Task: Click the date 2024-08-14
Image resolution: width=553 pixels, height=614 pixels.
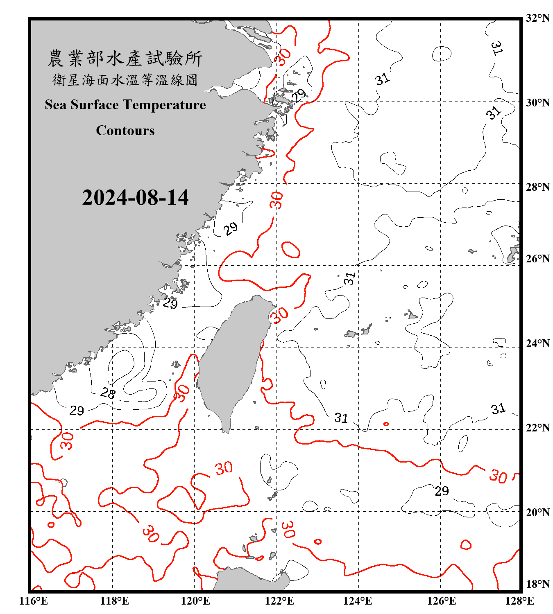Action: [x=135, y=198]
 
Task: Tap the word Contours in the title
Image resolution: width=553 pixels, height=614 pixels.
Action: [x=125, y=130]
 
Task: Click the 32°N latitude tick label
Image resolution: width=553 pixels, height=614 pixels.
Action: [x=538, y=18]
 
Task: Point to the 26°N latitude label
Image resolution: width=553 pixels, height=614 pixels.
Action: [x=538, y=259]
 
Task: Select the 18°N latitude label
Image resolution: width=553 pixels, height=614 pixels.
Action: [x=538, y=584]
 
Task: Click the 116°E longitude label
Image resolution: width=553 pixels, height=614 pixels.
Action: [x=33, y=601]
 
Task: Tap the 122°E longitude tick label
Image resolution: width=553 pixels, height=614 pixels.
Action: [x=279, y=601]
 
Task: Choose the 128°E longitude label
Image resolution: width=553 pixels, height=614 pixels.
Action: [x=519, y=601]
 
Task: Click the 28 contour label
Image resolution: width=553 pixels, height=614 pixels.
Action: [x=108, y=393]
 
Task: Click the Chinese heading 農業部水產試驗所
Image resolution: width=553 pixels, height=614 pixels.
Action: [x=125, y=59]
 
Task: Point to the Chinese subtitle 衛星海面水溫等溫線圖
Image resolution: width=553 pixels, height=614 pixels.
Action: [x=125, y=80]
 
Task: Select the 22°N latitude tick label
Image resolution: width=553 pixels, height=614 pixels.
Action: [x=538, y=428]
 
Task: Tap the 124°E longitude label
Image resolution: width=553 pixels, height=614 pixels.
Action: [x=358, y=601]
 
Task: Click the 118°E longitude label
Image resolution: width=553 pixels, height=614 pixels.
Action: [x=114, y=601]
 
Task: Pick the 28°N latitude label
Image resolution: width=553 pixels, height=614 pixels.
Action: [x=538, y=187]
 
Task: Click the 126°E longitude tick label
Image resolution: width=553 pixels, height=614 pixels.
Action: [x=441, y=601]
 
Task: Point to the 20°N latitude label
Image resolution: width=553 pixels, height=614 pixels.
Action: [x=538, y=512]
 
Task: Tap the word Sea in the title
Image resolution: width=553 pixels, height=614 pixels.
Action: [x=56, y=105]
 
